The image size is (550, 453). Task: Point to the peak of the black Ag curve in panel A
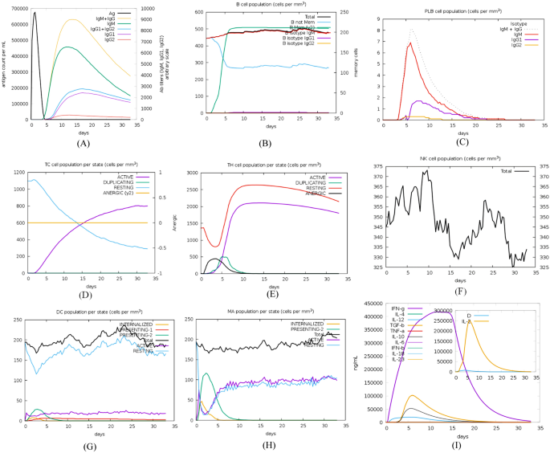(x=35, y=13)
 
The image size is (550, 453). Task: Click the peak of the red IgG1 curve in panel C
(x=411, y=43)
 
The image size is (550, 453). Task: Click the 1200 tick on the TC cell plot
(x=18, y=172)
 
